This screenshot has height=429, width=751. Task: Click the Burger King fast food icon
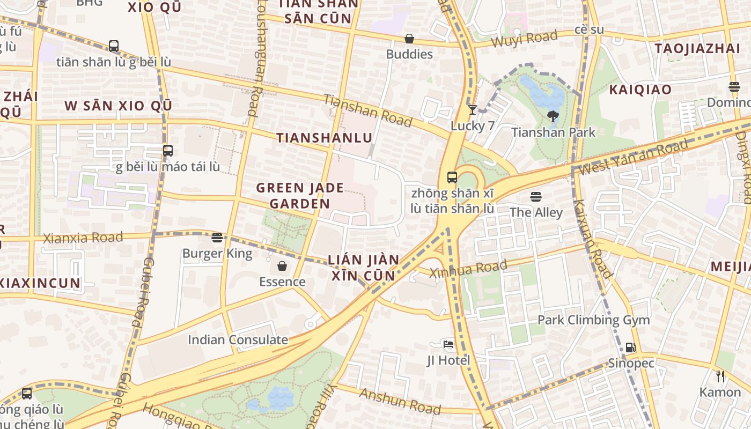click(217, 237)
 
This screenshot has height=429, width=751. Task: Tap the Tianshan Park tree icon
click(553, 116)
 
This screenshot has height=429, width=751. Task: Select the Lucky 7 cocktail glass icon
click(472, 110)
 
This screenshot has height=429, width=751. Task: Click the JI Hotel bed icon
click(448, 344)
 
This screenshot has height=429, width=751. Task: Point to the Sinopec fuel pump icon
click(631, 347)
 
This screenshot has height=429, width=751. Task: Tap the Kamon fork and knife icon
click(720, 376)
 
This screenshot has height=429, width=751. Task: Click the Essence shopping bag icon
click(282, 266)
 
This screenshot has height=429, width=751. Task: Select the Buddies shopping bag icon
click(409, 39)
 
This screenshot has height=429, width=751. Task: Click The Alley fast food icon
click(535, 197)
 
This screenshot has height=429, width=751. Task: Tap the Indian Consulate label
click(238, 339)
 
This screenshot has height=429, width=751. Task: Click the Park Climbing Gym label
click(593, 320)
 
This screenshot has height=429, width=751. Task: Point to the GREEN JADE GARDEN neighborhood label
click(300, 196)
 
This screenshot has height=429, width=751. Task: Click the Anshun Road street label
click(400, 401)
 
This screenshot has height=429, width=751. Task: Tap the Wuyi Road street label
click(524, 40)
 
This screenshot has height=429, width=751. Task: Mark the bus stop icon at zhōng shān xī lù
click(452, 177)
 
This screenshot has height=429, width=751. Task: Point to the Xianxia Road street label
click(83, 238)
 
